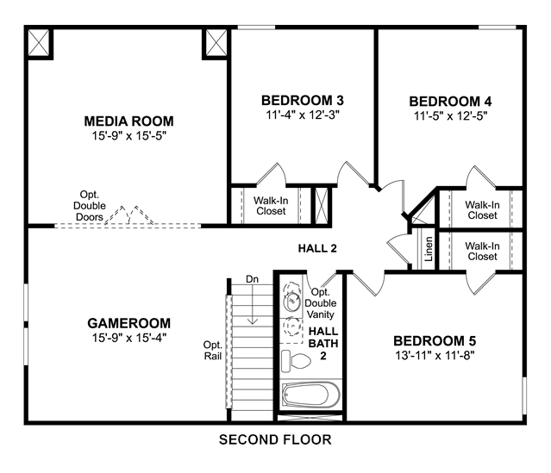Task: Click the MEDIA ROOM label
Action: (x=128, y=121)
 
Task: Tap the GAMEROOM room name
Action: (x=129, y=323)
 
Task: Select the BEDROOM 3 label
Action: (x=302, y=101)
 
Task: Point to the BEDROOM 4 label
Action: (x=450, y=102)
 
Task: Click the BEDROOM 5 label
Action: (x=435, y=341)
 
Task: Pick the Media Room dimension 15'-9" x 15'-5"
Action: (x=128, y=135)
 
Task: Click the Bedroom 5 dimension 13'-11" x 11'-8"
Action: (x=435, y=355)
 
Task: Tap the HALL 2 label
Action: (x=317, y=249)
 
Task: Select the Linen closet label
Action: (x=429, y=249)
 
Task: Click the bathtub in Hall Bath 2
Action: (x=310, y=395)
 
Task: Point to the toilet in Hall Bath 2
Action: (x=296, y=361)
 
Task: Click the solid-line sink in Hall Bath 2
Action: (x=291, y=302)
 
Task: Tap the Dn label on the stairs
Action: (x=252, y=279)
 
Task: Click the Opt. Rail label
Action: (x=213, y=351)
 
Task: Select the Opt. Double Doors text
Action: (x=90, y=206)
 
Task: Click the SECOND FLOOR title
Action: (x=275, y=439)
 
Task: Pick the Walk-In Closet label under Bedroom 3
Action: (x=271, y=206)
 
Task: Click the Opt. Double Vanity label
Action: (x=321, y=303)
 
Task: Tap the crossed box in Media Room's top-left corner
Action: (x=38, y=42)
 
